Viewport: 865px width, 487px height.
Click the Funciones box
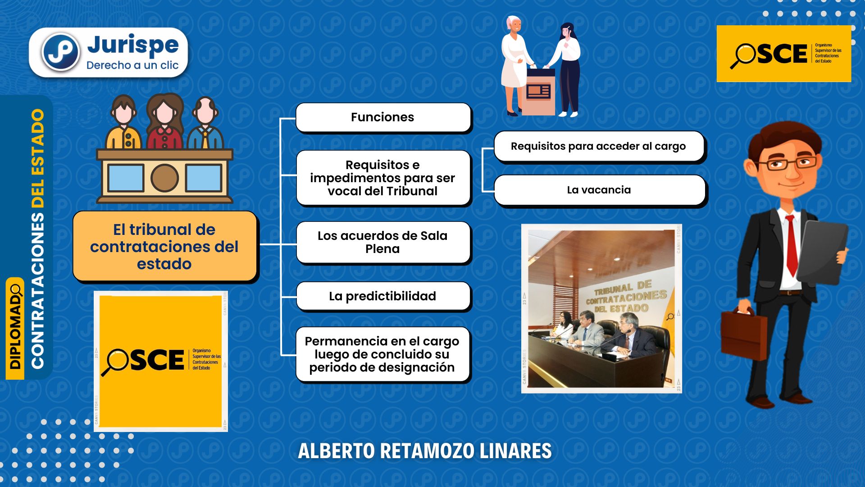(x=383, y=117)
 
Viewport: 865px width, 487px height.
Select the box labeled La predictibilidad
(x=383, y=296)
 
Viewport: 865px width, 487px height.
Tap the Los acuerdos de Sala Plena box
(x=383, y=242)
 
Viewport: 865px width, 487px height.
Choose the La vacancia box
(x=599, y=190)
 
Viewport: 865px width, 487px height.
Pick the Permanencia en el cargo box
(x=382, y=354)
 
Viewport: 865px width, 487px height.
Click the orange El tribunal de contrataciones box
(x=164, y=247)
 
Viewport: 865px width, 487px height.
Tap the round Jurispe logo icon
(x=61, y=52)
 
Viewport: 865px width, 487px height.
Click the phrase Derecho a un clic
(x=132, y=65)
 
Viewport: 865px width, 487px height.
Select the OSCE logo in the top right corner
(x=783, y=54)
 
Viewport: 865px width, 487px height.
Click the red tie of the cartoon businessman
(x=792, y=246)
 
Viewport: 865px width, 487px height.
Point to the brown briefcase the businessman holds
(x=743, y=336)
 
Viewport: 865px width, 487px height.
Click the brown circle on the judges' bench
(x=164, y=178)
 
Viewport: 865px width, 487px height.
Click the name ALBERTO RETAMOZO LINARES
(x=424, y=451)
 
